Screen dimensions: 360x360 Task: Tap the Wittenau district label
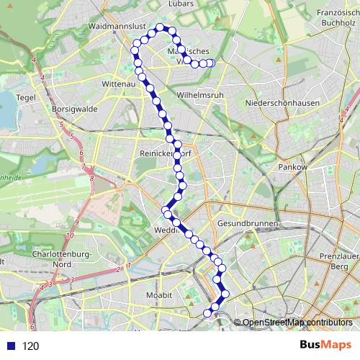click(120, 84)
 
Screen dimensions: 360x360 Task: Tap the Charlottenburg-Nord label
click(60, 259)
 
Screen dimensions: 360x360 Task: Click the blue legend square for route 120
click(11, 346)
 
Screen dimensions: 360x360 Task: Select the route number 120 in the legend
click(30, 346)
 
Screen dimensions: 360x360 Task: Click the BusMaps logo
click(325, 345)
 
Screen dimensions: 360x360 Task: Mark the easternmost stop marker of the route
click(211, 63)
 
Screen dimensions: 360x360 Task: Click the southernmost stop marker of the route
click(208, 312)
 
